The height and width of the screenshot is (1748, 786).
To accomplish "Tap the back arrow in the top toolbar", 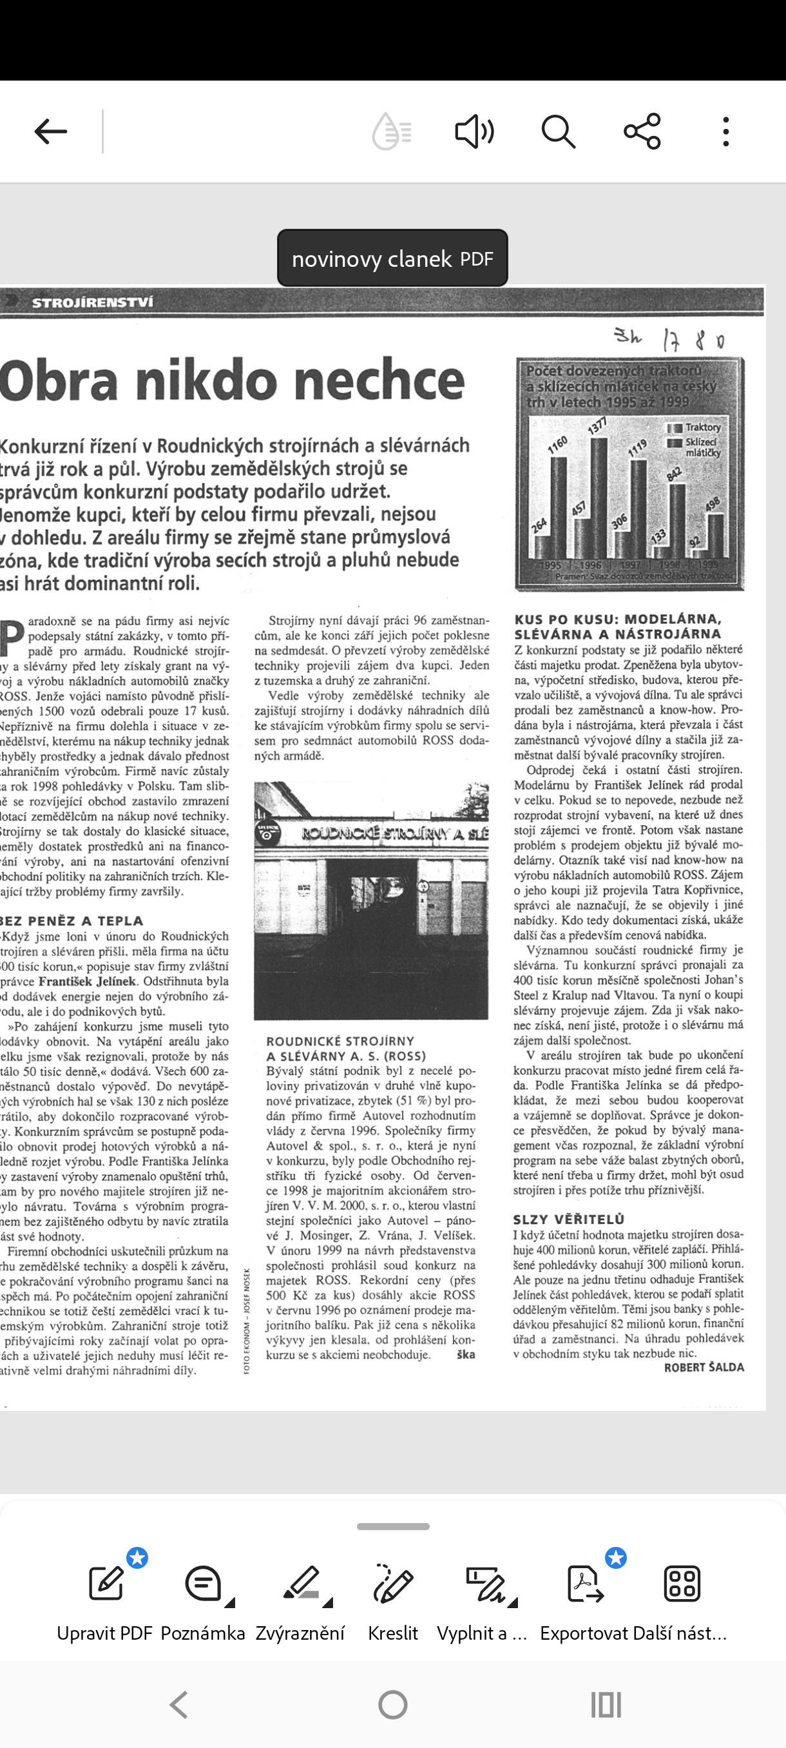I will [x=51, y=131].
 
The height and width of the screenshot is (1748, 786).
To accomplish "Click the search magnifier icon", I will [x=558, y=131].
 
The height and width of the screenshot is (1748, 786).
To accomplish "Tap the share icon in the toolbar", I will [x=642, y=131].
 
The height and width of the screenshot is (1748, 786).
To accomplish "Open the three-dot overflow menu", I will [x=725, y=131].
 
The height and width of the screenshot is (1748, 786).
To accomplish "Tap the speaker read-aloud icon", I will [x=474, y=131].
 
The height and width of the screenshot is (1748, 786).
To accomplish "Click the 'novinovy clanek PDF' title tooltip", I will [x=392, y=258].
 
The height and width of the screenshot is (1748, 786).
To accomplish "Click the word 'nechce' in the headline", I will [x=379, y=380].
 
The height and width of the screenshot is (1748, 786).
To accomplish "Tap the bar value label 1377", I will [x=597, y=426].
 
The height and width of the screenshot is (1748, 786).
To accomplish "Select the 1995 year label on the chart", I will [x=550, y=565].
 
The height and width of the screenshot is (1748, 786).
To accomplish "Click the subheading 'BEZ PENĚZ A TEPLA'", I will [x=72, y=921].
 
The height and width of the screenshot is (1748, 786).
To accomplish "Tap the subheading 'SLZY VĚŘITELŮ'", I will [x=569, y=1219].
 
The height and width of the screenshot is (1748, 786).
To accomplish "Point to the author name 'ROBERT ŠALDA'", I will [x=704, y=1367].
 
